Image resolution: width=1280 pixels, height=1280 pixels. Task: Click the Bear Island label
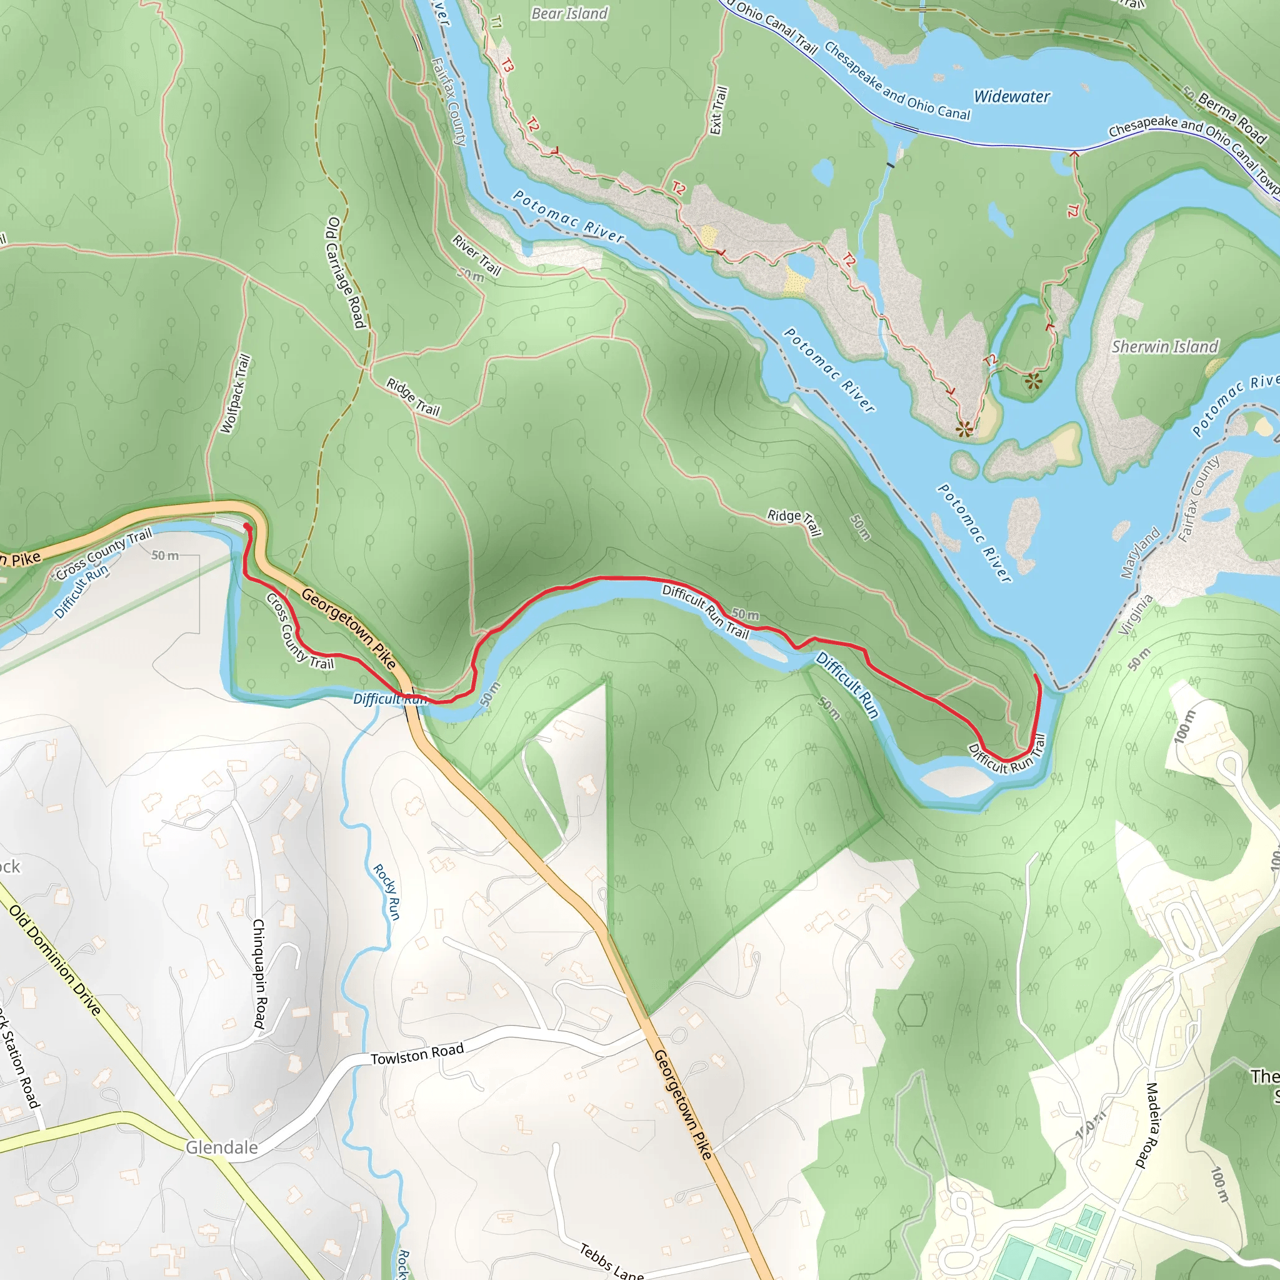(x=569, y=13)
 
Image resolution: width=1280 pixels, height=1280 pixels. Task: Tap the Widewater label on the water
(x=1012, y=97)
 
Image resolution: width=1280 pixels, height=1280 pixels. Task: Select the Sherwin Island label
(x=1165, y=346)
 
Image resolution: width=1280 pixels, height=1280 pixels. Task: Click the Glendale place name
(x=221, y=1147)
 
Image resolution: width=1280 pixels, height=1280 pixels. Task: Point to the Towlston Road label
(x=417, y=1054)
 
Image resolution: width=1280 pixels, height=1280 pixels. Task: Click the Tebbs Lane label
(x=611, y=1261)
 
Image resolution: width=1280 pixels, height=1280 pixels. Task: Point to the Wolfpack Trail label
(x=235, y=394)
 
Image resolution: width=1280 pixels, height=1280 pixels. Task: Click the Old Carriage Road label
(x=345, y=272)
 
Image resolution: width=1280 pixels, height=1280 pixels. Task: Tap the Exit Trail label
(x=718, y=111)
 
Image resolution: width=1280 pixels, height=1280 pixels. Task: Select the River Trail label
(x=477, y=254)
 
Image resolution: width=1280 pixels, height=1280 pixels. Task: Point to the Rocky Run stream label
(x=386, y=892)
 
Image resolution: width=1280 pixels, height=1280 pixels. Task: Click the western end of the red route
(x=246, y=526)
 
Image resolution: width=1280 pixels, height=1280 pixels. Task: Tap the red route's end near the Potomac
(x=1036, y=675)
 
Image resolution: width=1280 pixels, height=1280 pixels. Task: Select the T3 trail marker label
(x=507, y=65)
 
